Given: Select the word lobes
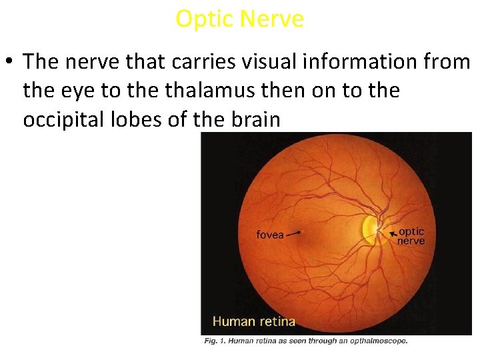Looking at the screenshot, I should [143, 119].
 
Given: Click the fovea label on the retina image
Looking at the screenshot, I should [270, 235].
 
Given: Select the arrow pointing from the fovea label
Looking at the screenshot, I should [294, 233].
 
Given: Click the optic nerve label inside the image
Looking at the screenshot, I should [411, 236].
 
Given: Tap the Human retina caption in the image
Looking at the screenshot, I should [253, 321].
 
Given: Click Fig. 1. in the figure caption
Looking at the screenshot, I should [214, 341].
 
